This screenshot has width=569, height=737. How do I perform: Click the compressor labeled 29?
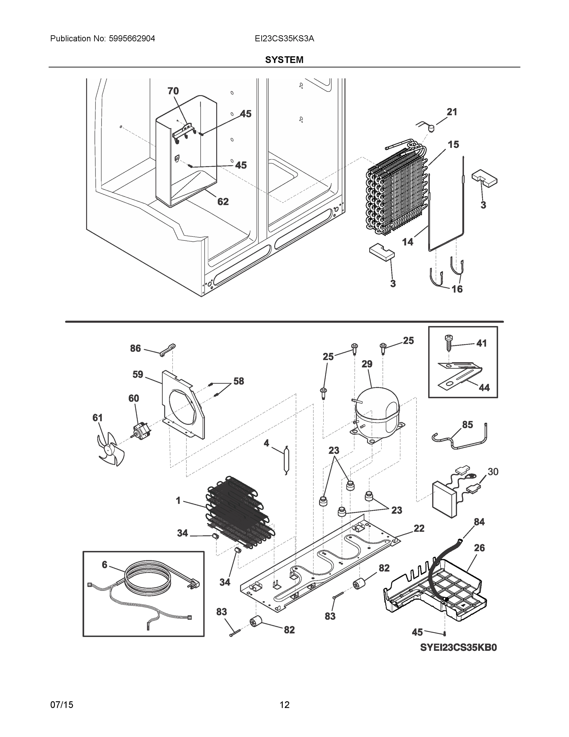pyautogui.click(x=377, y=414)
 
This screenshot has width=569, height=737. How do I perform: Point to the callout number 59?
pyautogui.click(x=137, y=374)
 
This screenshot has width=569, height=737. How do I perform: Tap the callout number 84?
pyautogui.click(x=479, y=522)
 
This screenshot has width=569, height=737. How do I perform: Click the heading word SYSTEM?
pyautogui.click(x=284, y=60)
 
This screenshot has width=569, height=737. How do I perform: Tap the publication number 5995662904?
pyautogui.click(x=132, y=38)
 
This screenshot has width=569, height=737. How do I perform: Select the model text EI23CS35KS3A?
pyautogui.click(x=284, y=38)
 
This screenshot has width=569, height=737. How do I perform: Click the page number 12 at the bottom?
pyautogui.click(x=285, y=705)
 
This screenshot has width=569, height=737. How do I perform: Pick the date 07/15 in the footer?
pyautogui.click(x=62, y=705)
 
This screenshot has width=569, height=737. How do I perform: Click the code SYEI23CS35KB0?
pyautogui.click(x=458, y=648)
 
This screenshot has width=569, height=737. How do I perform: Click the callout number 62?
pyautogui.click(x=223, y=201)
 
